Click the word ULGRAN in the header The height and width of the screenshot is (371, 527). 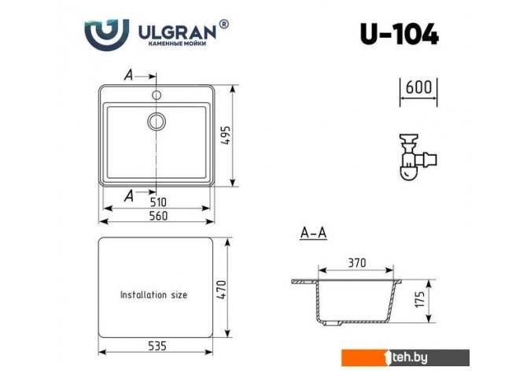[178, 32]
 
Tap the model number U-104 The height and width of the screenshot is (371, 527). [400, 34]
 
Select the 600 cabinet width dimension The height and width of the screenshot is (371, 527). [418, 87]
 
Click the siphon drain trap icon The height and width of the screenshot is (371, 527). [418, 157]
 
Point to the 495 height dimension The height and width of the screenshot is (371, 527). [226, 135]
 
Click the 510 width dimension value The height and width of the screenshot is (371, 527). [158, 202]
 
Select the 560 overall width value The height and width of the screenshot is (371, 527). [158, 216]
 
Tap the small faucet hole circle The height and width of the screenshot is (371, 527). [157, 95]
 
